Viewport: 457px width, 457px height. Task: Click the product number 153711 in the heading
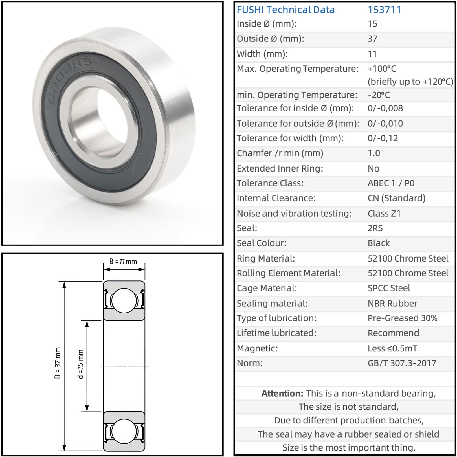tap(384, 10)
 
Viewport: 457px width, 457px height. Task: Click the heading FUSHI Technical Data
tap(285, 10)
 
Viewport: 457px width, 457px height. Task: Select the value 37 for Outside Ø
tap(372, 39)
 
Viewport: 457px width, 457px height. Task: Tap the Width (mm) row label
tap(262, 54)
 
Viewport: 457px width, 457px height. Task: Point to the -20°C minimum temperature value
tap(379, 95)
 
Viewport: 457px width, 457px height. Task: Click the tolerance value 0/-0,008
tap(385, 108)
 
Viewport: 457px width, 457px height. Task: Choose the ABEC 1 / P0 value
tap(391, 183)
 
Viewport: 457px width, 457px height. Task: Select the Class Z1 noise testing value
tap(384, 214)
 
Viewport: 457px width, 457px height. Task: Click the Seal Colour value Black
tap(378, 243)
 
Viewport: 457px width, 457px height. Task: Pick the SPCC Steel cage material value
tap(389, 288)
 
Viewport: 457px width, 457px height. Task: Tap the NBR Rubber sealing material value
tap(392, 304)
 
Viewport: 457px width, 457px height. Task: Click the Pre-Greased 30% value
tap(402, 318)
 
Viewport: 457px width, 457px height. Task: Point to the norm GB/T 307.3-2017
tap(402, 363)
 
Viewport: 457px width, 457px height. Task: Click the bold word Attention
tap(282, 394)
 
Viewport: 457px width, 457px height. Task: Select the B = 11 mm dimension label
tap(123, 262)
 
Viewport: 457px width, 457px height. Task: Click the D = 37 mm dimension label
tap(58, 363)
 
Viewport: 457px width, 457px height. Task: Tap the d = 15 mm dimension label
tap(81, 364)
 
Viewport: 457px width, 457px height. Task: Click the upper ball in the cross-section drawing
tap(124, 300)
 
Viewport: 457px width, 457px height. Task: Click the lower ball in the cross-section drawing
tap(124, 431)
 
